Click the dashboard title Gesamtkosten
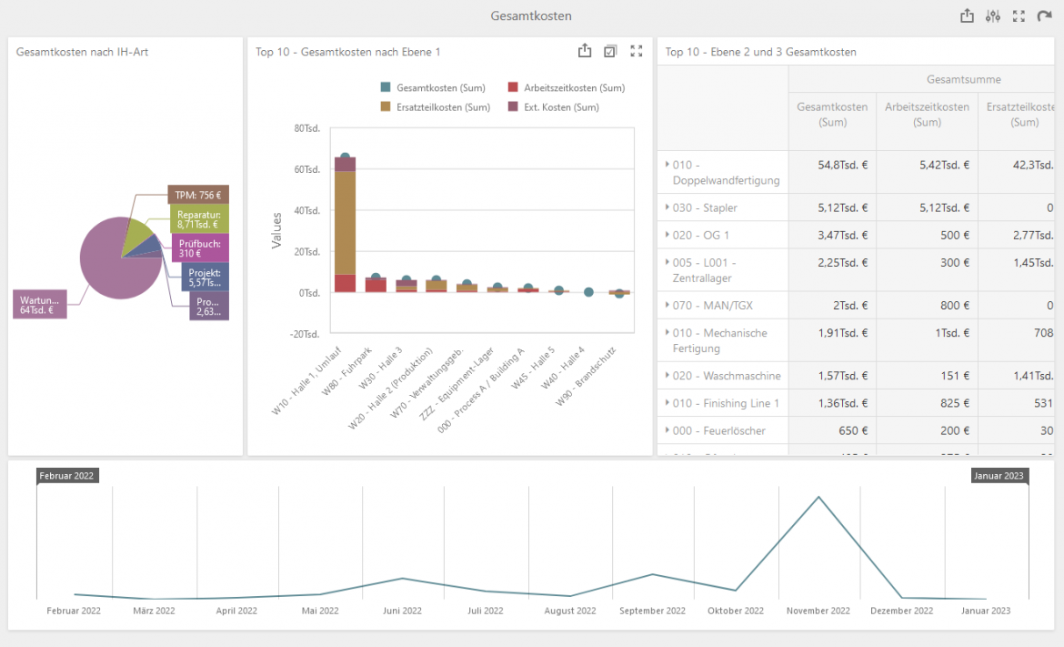531,16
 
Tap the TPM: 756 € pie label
198,195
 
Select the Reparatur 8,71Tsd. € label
198,218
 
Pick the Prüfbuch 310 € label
199,248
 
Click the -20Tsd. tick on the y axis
305,334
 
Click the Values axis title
276,230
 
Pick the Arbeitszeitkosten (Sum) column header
927,115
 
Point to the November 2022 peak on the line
819,497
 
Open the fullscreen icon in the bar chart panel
637,52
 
